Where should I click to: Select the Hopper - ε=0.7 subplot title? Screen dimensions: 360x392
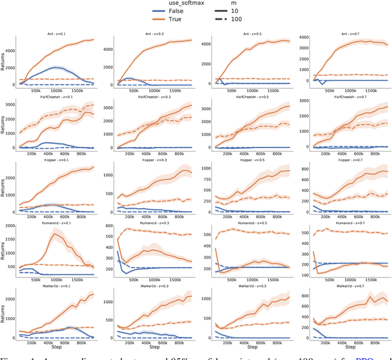pyautogui.click(x=345, y=161)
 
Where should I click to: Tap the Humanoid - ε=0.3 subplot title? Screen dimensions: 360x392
pyautogui.click(x=153, y=224)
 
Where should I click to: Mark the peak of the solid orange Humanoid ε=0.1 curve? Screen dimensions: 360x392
pyautogui.click(x=54, y=233)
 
